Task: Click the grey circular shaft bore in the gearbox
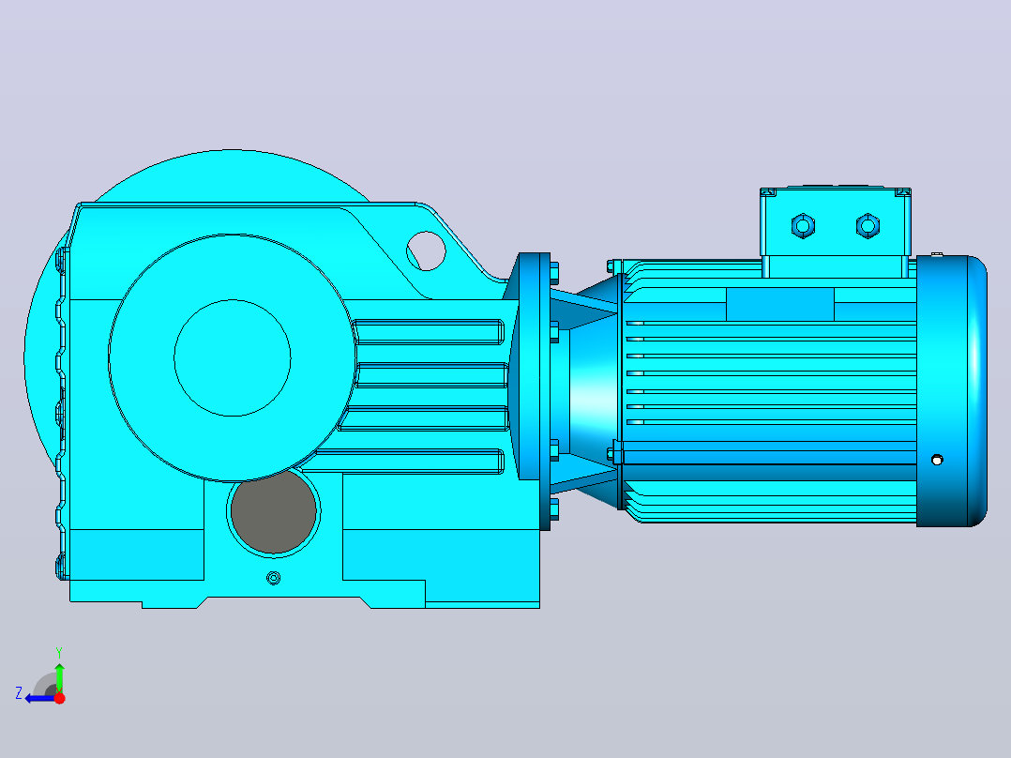point(274,511)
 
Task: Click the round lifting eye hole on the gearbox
point(426,250)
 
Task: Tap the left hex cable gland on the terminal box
point(803,226)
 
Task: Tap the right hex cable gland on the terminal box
point(868,226)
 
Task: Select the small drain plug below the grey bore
point(274,578)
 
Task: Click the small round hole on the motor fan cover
point(937,460)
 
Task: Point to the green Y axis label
point(59,652)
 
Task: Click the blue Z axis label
point(19,693)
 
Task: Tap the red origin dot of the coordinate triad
point(59,698)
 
